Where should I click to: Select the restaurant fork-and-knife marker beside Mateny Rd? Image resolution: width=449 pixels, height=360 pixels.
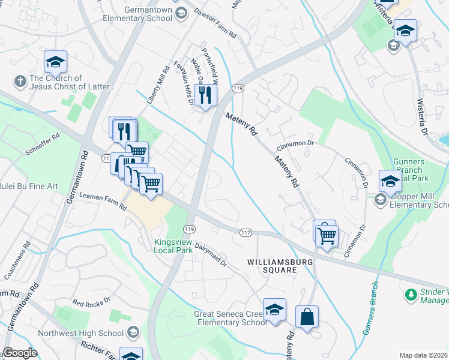tap(205, 95)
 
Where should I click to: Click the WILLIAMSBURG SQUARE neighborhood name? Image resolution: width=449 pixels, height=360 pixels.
tap(272, 266)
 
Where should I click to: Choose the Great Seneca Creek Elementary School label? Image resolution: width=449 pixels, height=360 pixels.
tap(230, 318)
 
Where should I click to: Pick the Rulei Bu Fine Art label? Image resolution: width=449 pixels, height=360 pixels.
tap(29, 186)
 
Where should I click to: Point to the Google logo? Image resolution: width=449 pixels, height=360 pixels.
tap(20, 353)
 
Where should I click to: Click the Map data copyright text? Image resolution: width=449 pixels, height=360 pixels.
tap(423, 355)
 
